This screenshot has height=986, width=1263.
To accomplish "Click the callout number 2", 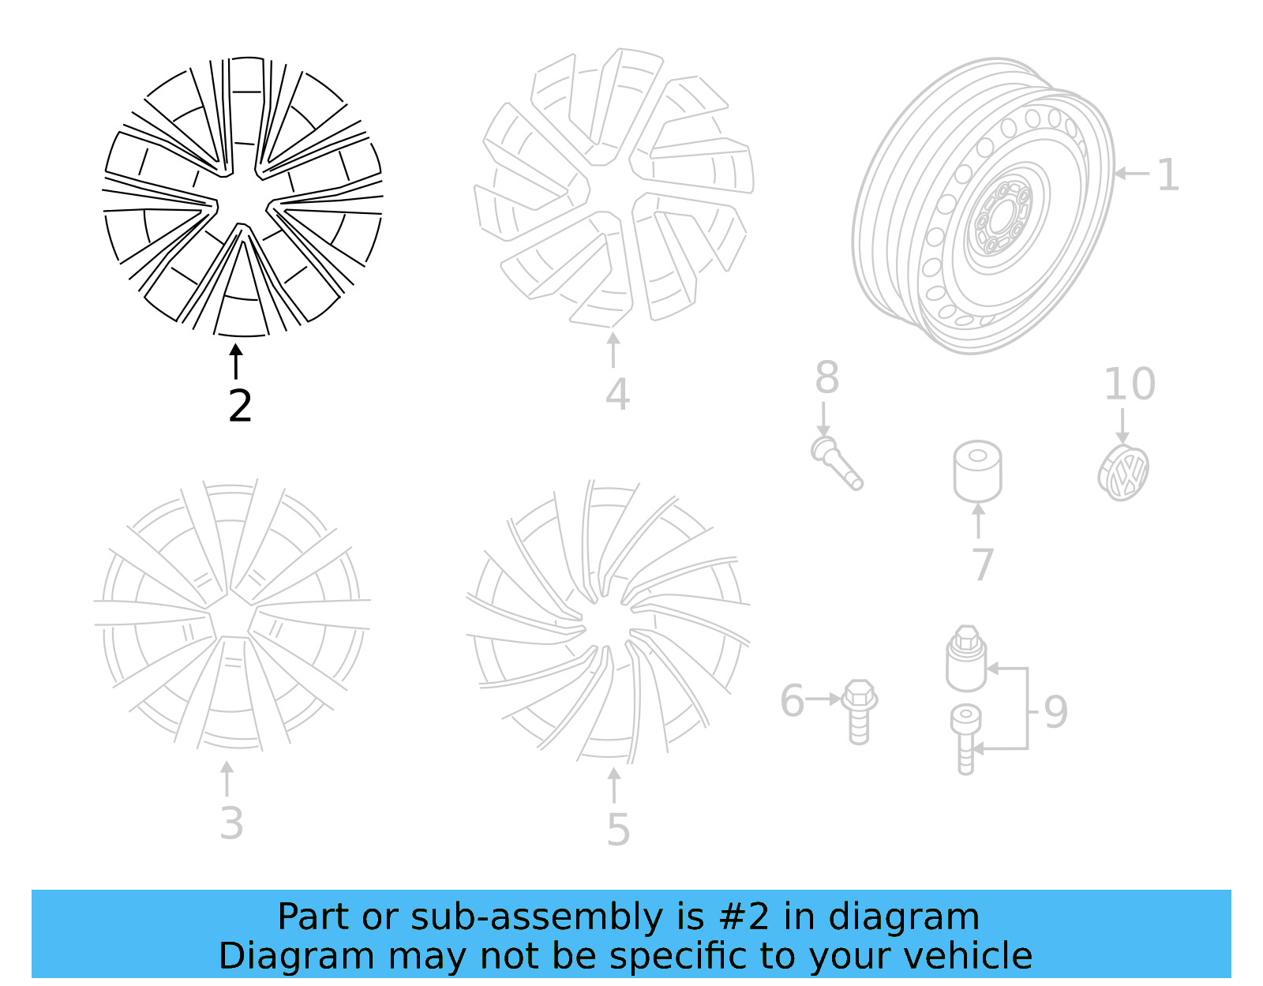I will coord(240,406).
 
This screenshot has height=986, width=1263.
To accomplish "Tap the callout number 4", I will coord(617,395).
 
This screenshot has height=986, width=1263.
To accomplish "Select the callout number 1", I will coord(1167,174).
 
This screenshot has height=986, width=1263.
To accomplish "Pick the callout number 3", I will coord(231,823).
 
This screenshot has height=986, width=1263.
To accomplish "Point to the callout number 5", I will coord(618,830).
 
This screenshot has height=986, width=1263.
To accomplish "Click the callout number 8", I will coord(826,377).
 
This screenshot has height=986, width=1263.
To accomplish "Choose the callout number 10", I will coord(1130,384).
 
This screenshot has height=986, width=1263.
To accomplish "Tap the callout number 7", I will coord(982,564).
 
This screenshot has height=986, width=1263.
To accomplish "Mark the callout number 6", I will coord(792,701).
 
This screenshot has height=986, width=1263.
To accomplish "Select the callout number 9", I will coord(1056,712).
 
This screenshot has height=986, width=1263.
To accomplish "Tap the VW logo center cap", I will coord(1123,472).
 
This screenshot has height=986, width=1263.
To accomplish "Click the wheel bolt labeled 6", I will coord(858,710).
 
